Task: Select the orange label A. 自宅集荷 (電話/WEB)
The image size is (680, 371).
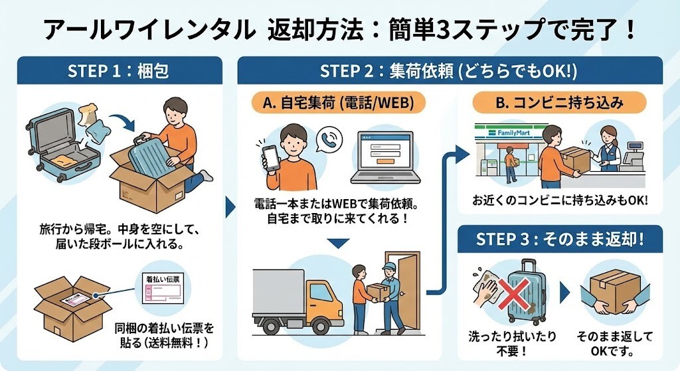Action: point(337,103)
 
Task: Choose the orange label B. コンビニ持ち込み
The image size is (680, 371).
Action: point(558,103)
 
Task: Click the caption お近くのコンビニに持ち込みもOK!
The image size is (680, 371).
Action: point(560,200)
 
